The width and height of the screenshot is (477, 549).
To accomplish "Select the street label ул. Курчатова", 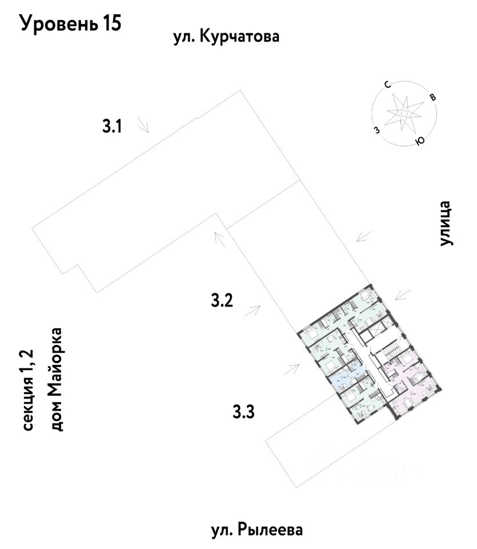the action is click(x=226, y=38).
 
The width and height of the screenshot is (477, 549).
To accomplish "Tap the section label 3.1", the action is click(x=113, y=126).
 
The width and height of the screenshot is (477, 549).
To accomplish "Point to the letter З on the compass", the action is click(x=376, y=130).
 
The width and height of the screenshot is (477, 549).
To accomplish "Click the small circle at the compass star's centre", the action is click(x=403, y=114).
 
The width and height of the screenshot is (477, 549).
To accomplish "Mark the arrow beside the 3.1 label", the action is click(x=143, y=126).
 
